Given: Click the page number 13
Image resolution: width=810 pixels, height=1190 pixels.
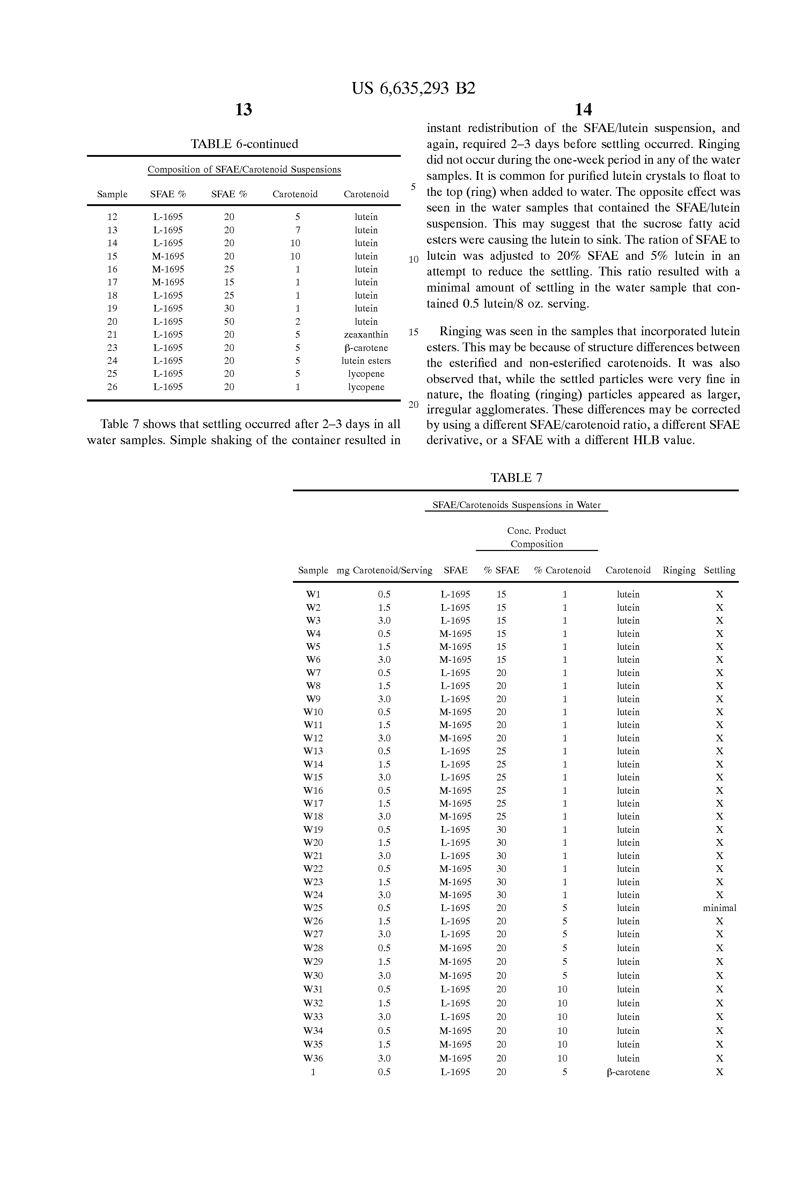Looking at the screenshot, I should point(243,110).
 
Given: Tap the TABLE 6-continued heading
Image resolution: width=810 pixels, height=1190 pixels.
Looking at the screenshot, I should point(244,144).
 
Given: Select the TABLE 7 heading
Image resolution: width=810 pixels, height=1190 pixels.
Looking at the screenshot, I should point(516,478).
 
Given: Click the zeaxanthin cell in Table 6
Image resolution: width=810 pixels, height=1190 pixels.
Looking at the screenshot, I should point(366,335).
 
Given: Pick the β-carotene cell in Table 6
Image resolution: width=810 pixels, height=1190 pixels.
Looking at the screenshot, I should point(366,348).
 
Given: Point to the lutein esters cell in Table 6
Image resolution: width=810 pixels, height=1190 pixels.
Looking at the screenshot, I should point(366,361).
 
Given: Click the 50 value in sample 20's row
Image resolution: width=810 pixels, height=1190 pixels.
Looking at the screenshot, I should point(229,322).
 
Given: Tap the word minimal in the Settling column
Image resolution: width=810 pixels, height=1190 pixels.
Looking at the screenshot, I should point(719,908).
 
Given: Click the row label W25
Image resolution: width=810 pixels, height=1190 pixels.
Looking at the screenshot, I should point(313,908).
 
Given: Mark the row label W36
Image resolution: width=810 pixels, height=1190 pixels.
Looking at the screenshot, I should point(313,1058).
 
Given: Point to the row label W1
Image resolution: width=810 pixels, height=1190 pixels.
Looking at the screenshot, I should point(313,595).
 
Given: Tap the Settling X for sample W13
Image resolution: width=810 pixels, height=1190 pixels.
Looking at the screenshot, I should point(719,751).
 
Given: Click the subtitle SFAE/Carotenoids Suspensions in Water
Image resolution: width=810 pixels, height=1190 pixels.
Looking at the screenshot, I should point(516,505).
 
